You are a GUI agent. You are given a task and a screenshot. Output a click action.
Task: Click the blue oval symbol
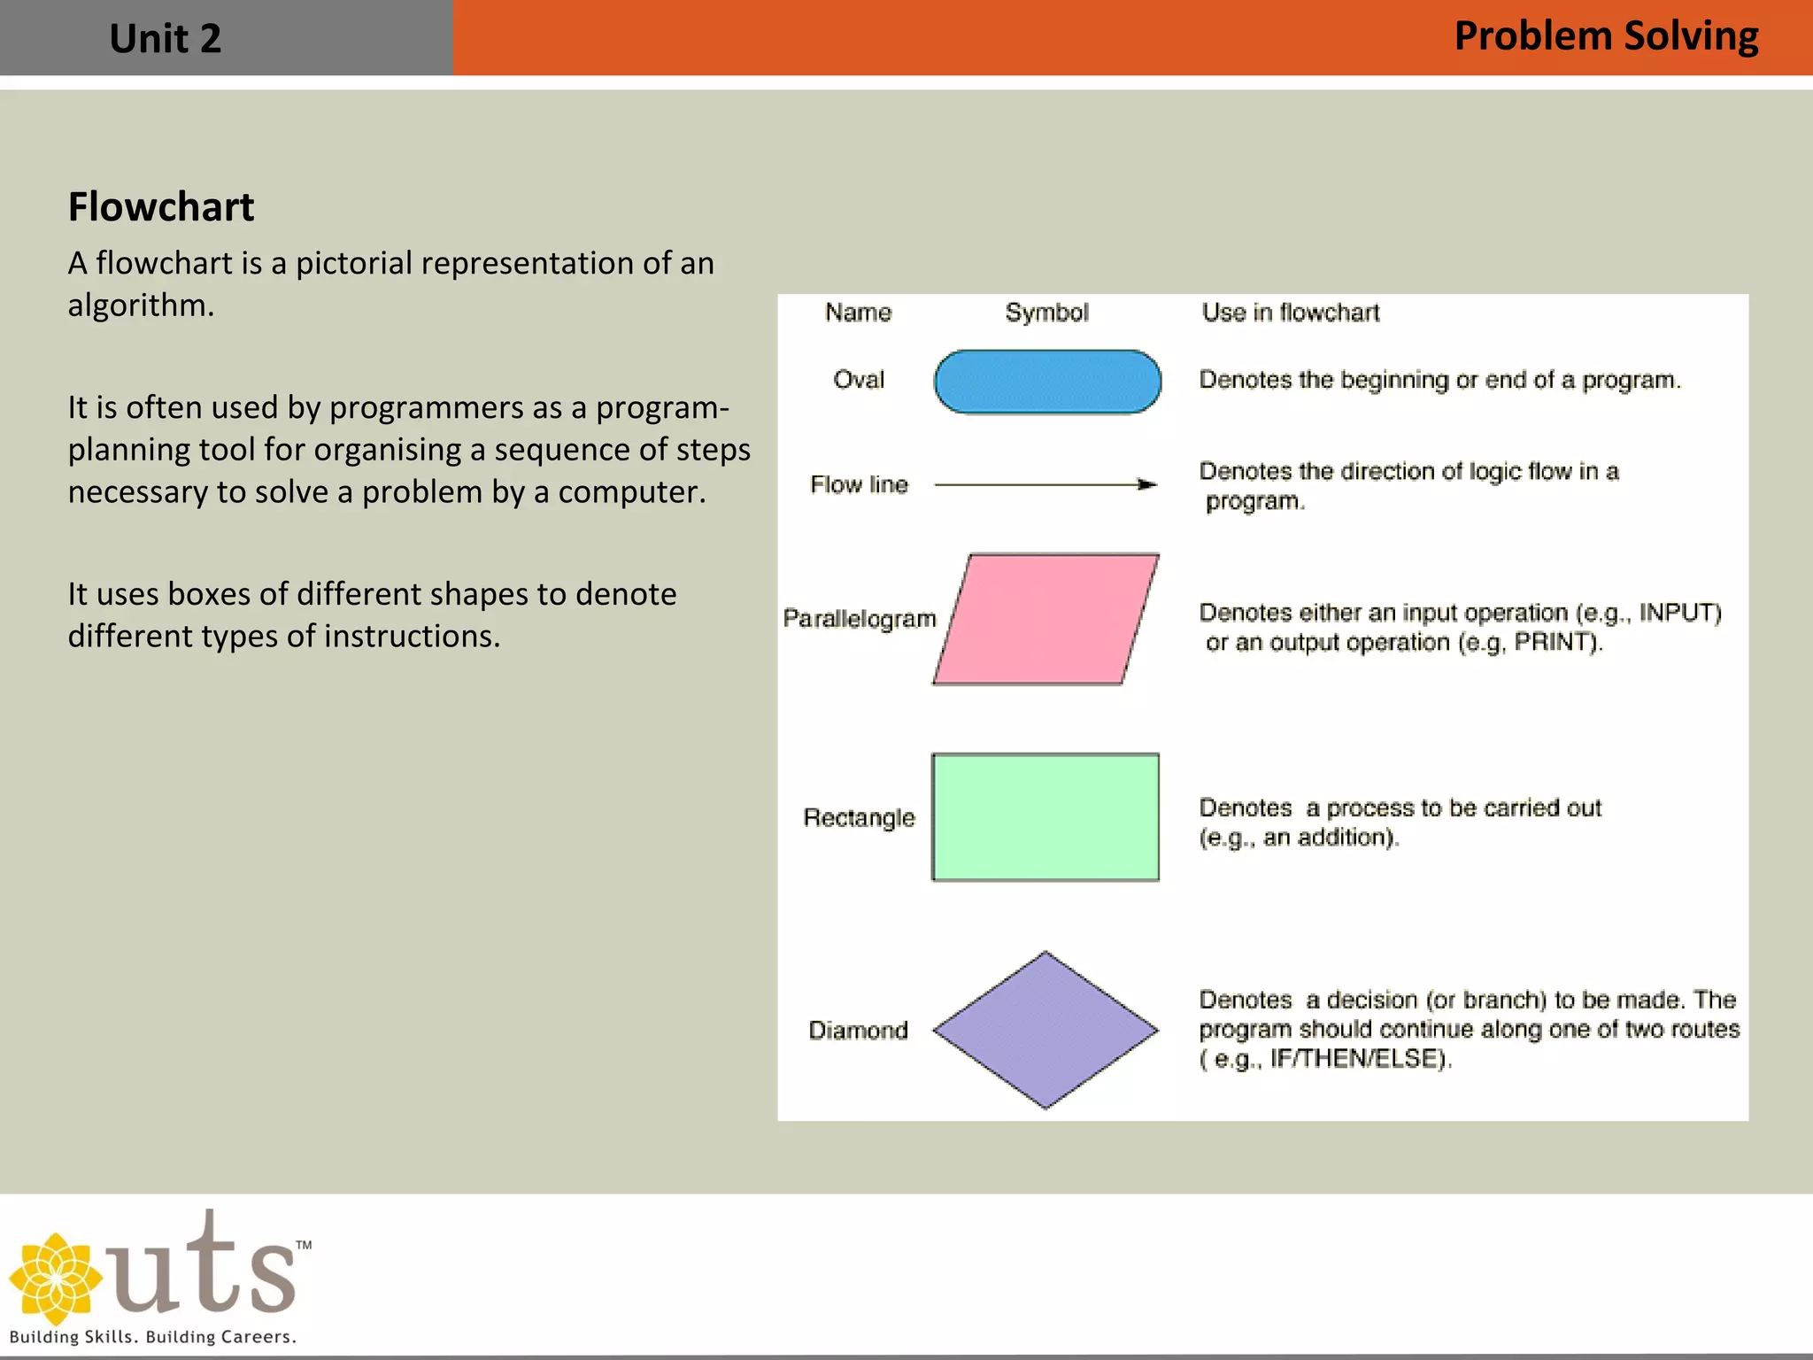(x=1047, y=382)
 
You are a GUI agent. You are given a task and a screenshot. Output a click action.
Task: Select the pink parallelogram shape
(x=1045, y=619)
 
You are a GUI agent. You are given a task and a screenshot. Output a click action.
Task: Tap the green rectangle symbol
(x=1045, y=817)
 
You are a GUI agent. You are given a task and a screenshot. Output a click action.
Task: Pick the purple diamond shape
(x=1045, y=1030)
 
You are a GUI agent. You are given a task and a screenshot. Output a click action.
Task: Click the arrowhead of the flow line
(x=1147, y=484)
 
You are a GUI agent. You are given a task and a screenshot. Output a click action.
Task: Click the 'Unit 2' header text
(x=165, y=39)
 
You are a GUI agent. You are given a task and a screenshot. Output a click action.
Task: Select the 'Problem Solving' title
(x=1606, y=37)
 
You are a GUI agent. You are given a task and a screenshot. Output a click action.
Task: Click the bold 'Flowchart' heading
(x=161, y=207)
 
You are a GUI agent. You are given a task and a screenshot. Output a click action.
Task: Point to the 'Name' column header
(x=858, y=313)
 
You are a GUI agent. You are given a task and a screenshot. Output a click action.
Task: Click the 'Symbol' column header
(x=1046, y=313)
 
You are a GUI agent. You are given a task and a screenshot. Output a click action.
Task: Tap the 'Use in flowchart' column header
(x=1290, y=313)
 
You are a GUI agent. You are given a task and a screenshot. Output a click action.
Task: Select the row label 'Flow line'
(x=859, y=484)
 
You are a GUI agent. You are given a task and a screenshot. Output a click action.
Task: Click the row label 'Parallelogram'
(x=859, y=618)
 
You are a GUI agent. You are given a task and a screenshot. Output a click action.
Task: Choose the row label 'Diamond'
(x=858, y=1030)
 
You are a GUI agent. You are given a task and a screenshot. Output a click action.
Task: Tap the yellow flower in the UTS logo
(x=55, y=1279)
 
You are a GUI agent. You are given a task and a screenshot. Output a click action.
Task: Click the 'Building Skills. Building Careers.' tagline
(x=152, y=1337)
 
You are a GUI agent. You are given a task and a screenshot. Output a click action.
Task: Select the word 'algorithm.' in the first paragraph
(x=141, y=305)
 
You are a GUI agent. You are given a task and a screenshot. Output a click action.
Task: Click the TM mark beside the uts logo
(x=304, y=1245)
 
